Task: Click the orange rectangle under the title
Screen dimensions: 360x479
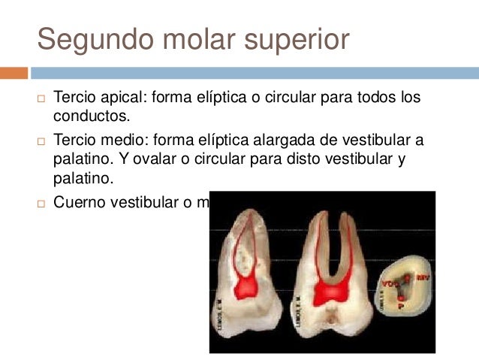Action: [x=14, y=73]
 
